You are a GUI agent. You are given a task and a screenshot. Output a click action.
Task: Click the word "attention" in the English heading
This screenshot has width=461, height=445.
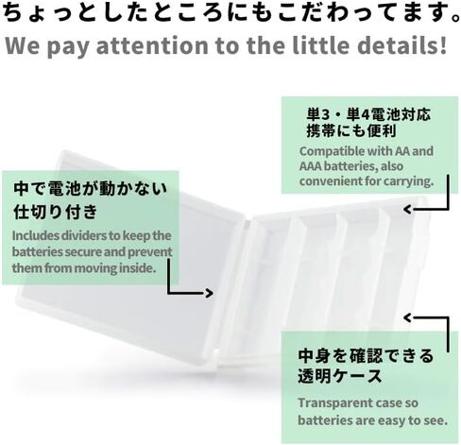tap(152, 45)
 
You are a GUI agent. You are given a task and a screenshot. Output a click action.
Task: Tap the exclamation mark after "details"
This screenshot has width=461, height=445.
tap(443, 44)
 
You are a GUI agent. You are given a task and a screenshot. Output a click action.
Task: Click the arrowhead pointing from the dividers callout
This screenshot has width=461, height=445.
tap(209, 293)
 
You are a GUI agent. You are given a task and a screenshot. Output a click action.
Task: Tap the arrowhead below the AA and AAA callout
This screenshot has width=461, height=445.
tap(408, 209)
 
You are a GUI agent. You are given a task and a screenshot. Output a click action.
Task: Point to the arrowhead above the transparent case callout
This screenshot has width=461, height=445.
tap(408, 317)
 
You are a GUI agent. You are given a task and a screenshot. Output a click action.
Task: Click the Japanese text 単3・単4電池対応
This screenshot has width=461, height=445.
tap(368, 114)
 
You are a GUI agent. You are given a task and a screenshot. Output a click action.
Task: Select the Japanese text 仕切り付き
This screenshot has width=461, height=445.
tap(56, 212)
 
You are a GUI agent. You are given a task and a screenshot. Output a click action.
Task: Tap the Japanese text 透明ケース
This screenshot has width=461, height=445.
tap(340, 376)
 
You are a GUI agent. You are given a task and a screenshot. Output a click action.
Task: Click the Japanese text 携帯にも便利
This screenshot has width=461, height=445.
tap(351, 130)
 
